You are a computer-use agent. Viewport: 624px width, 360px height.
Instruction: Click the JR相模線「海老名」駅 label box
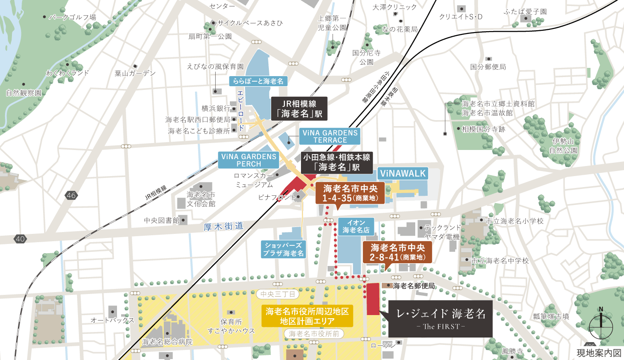tap(300, 109)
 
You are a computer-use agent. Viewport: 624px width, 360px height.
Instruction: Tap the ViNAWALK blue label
tap(403, 173)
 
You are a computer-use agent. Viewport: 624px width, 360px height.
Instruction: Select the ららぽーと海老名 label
tap(258, 81)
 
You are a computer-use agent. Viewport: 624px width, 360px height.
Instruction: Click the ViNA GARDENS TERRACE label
tap(330, 136)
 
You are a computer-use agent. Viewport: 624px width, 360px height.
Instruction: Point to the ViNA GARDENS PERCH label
tap(249, 160)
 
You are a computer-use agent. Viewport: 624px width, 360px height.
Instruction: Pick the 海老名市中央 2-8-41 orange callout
tap(397, 252)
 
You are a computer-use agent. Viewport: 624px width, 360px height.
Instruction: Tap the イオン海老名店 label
tap(356, 226)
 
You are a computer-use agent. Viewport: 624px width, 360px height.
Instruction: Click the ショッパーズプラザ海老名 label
tap(283, 249)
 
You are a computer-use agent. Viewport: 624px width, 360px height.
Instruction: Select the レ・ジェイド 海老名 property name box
tap(440, 318)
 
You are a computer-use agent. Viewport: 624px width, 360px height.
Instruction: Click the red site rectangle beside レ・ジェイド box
tap(373, 299)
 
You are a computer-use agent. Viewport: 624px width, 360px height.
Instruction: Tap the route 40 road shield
tap(20, 238)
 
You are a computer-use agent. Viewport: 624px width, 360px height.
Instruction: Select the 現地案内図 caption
tap(598, 353)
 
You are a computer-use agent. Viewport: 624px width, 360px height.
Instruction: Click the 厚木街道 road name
tap(223, 226)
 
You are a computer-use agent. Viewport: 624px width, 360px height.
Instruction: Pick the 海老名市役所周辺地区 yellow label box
tap(307, 316)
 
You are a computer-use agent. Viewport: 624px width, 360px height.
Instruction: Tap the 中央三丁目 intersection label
tap(278, 294)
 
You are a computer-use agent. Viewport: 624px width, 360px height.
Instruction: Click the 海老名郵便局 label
tap(413, 286)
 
